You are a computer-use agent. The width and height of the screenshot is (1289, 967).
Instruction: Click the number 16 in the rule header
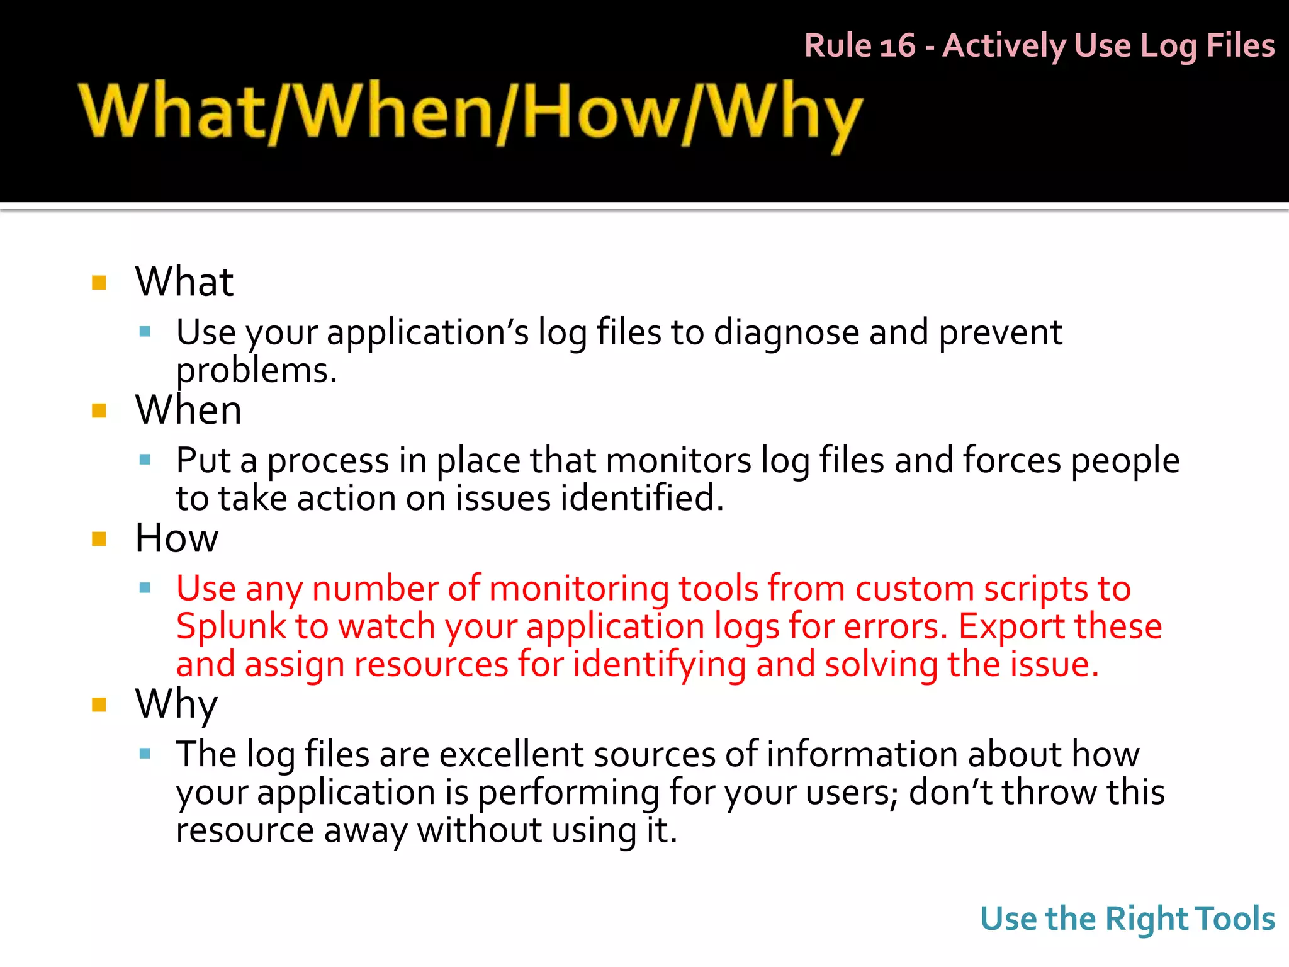897,46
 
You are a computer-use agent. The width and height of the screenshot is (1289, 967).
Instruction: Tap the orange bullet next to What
99,282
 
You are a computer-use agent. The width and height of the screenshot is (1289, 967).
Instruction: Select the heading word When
188,410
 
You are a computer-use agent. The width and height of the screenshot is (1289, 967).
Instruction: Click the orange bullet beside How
99,539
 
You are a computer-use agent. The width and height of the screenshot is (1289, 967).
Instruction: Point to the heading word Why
176,703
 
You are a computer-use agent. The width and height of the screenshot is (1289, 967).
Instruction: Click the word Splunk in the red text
231,626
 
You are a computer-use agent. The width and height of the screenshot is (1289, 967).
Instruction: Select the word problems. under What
256,370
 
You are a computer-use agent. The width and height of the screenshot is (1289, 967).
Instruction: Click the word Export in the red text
1011,626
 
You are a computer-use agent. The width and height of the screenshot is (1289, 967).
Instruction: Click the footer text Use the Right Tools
1127,919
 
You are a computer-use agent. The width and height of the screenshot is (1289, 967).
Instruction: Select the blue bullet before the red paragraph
145,588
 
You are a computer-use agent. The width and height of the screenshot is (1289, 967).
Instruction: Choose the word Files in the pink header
1241,46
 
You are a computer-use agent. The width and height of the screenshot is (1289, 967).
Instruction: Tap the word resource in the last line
244,830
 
